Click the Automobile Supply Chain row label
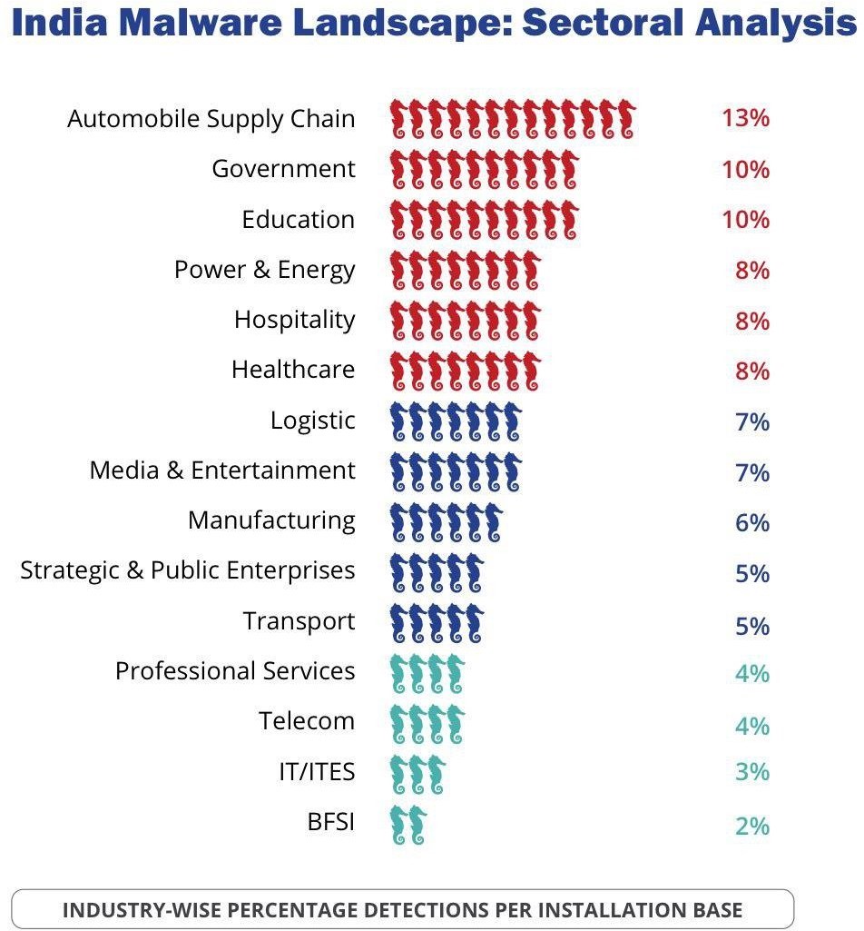[x=211, y=119]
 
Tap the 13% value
[x=745, y=118]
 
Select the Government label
[x=283, y=169]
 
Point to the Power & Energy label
[x=264, y=270]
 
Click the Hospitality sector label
[x=294, y=320]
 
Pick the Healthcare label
[x=292, y=370]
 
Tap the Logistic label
[x=312, y=421]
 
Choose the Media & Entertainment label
[x=221, y=470]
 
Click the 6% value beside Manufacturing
[x=751, y=522]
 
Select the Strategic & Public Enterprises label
[x=187, y=570]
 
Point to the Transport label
[x=299, y=621]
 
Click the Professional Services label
[x=234, y=671]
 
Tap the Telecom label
[x=306, y=721]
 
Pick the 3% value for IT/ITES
[x=751, y=771]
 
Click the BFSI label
[x=330, y=823]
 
